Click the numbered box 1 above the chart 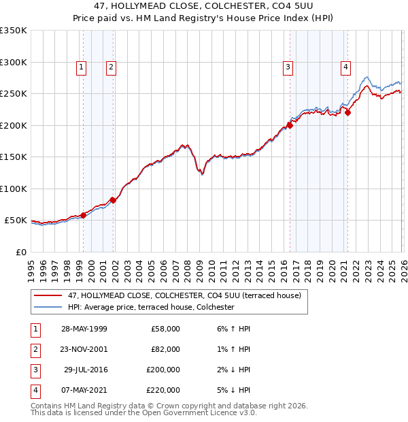click(x=81, y=67)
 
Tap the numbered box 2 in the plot click(x=110, y=67)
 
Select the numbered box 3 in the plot click(x=288, y=67)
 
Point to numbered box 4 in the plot click(x=346, y=67)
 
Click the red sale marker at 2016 click(x=290, y=125)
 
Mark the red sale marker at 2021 click(x=347, y=113)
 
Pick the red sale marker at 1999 click(x=84, y=215)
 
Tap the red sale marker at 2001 click(x=113, y=200)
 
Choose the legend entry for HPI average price click(x=151, y=307)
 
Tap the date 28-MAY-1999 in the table click(x=84, y=329)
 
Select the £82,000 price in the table click(x=165, y=349)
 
